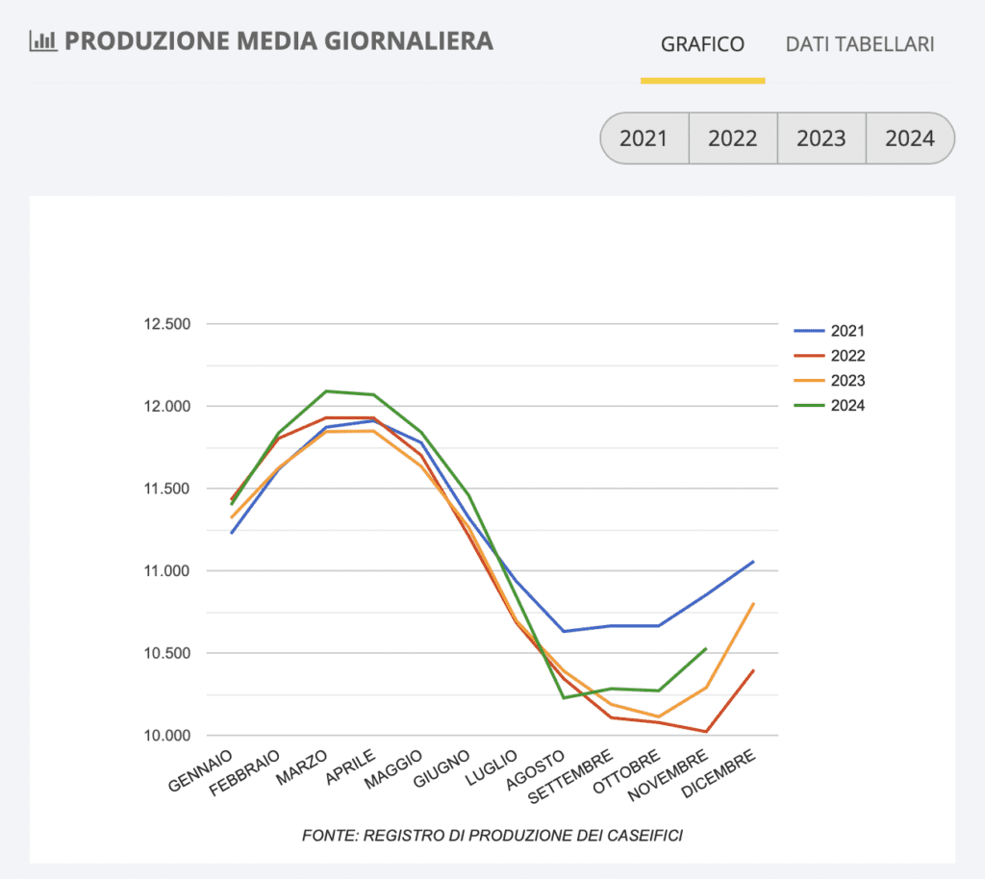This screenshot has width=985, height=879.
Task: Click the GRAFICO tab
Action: pos(702,44)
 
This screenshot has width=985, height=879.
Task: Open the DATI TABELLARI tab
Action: pos(860,44)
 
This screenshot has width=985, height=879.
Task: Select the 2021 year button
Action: pos(644,138)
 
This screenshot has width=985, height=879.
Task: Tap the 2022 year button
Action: pos(733,138)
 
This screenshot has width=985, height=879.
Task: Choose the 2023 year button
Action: pos(821,138)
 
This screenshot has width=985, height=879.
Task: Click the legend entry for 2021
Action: pos(829,331)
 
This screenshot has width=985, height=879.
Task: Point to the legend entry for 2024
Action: pos(829,406)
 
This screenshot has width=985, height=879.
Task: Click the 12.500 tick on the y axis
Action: pos(167,324)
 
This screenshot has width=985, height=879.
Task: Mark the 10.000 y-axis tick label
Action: pos(167,735)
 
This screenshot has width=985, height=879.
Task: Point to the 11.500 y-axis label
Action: pos(167,489)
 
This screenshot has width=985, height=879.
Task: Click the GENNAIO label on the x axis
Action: pos(201,770)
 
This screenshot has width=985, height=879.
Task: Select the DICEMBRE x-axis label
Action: pos(718,773)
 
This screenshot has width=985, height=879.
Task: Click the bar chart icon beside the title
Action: pos(43,40)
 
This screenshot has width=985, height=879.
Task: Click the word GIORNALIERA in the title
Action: pos(409,40)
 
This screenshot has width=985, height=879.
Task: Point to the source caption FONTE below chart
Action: pos(492,836)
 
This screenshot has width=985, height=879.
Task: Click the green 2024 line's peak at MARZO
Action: pos(326,391)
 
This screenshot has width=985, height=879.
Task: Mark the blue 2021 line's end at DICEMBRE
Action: pos(753,562)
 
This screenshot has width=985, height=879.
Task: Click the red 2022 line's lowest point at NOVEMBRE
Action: pos(706,732)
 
